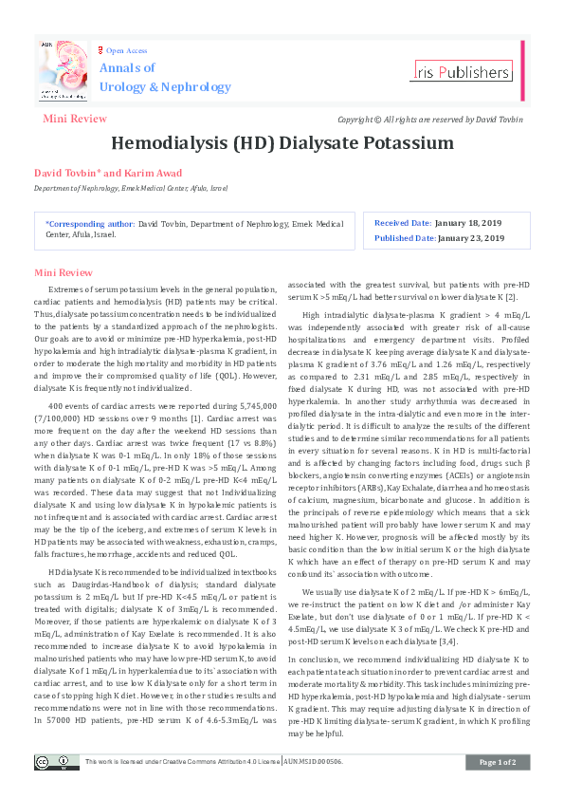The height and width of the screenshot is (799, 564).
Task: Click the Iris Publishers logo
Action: point(463,71)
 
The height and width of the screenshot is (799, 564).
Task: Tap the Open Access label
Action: point(126,50)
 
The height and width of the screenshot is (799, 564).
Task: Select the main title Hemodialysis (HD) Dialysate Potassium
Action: point(282,143)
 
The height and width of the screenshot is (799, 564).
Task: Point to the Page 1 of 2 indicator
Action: point(497,763)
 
